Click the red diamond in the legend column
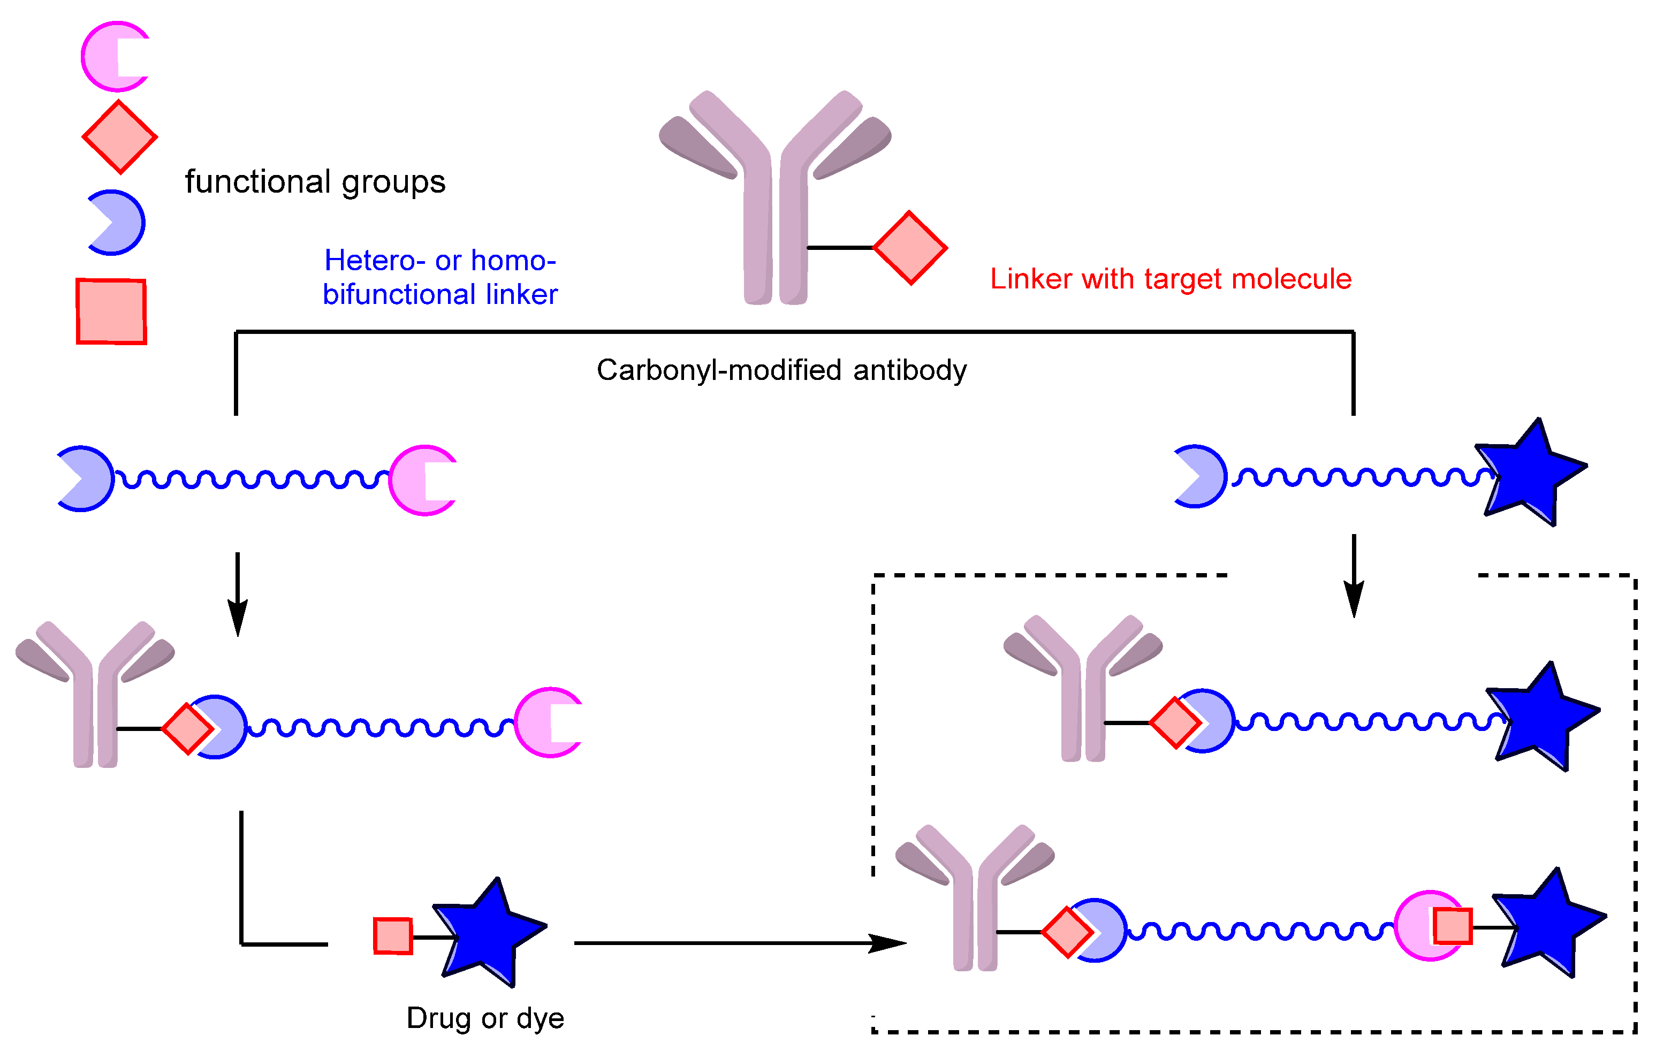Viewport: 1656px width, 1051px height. point(120,137)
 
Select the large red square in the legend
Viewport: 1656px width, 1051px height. point(111,311)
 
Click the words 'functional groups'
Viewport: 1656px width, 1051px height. point(315,182)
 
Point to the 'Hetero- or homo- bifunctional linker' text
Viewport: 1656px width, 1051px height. point(440,277)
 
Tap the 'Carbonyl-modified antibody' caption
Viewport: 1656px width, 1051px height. point(781,370)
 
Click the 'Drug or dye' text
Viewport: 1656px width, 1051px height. point(485,1018)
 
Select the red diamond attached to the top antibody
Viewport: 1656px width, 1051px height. point(910,247)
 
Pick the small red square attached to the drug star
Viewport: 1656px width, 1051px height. point(393,936)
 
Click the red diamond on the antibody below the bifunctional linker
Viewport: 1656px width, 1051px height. point(187,729)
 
